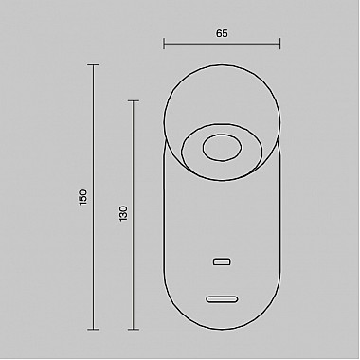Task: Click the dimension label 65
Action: pyautogui.click(x=222, y=33)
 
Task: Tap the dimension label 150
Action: pyautogui.click(x=82, y=197)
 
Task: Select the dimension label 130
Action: pyautogui.click(x=123, y=213)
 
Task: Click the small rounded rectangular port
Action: pyautogui.click(x=222, y=261)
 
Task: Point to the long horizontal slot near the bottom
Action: pyautogui.click(x=222, y=299)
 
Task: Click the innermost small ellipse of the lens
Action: pyautogui.click(x=222, y=148)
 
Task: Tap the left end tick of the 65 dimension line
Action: pyautogui.click(x=164, y=44)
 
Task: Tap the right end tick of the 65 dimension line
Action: pyautogui.click(x=279, y=44)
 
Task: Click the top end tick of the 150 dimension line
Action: pyautogui.click(x=93, y=65)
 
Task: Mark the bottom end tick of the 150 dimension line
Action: pyautogui.click(x=93, y=330)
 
